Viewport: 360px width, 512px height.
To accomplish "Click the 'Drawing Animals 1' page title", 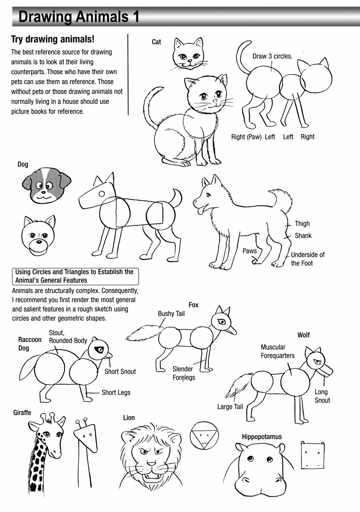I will click(x=79, y=17).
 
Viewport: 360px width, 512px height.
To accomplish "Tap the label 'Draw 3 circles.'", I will click(x=272, y=56).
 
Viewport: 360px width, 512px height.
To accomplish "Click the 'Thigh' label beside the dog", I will click(x=302, y=224).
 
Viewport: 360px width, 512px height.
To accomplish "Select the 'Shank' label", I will click(x=303, y=236).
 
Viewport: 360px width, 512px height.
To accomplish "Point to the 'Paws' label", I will click(x=249, y=251).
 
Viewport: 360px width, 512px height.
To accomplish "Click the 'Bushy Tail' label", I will click(x=171, y=314).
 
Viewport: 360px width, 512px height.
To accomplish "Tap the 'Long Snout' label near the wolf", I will click(x=322, y=396).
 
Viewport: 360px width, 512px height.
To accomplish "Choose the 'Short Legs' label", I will click(x=116, y=393).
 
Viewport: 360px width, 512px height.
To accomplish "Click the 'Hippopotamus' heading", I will click(x=262, y=437).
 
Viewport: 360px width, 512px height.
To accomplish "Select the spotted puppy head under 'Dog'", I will click(x=46, y=185).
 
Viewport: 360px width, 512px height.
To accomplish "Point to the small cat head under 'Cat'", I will click(x=188, y=54).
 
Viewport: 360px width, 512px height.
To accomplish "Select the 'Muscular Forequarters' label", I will click(x=277, y=352).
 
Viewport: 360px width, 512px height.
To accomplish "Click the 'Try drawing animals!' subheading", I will click(x=53, y=39).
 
